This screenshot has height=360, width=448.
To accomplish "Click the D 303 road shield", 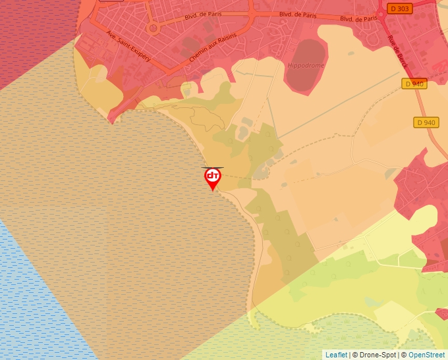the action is point(399,9).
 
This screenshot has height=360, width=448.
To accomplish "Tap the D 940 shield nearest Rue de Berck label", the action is point(414,84).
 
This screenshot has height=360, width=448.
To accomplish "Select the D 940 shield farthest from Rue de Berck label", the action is point(426,122).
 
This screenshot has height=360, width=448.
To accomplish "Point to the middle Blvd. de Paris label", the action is point(297,14).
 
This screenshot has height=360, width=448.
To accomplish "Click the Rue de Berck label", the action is point(397,49).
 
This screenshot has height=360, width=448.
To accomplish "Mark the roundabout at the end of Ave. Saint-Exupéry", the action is point(153,28).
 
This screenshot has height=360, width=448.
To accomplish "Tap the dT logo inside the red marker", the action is point(213,176).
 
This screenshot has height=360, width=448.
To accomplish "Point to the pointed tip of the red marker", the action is point(213,191).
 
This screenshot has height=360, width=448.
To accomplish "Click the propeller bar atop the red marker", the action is point(213,168).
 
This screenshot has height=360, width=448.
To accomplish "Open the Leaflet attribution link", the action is point(336,355).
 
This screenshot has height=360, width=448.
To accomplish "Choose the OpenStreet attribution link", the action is point(426,355).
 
